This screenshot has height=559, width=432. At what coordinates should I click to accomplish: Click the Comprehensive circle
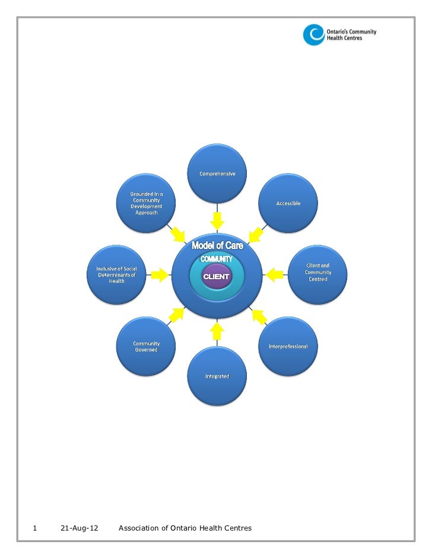point(217,174)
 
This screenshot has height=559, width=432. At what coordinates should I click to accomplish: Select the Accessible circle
point(288,203)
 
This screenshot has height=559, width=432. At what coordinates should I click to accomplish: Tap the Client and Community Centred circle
point(317,274)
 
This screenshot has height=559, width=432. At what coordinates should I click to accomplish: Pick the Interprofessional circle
point(288,346)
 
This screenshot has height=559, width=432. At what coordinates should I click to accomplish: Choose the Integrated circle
point(217,376)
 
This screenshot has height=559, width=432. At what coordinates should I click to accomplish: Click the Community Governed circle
point(145,346)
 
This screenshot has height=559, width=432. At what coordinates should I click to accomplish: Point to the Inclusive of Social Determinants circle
point(116,274)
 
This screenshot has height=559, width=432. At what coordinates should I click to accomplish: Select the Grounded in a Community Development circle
point(145,203)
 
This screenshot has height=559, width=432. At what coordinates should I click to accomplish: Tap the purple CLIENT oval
point(216,277)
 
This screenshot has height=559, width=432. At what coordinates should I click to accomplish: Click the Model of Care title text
point(217,245)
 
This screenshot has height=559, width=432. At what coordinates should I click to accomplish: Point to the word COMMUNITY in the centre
point(216,259)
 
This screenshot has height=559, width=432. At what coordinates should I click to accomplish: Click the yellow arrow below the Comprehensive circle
point(217,220)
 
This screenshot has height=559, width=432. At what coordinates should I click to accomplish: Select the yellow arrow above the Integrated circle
point(217,330)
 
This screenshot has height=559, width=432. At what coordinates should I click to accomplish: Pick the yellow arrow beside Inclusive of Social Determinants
point(159,274)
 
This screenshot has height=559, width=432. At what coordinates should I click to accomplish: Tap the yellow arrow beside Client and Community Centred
point(274,274)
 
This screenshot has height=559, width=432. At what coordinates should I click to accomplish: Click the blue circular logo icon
point(314,35)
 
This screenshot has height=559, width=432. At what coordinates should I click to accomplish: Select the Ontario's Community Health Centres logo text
point(352,34)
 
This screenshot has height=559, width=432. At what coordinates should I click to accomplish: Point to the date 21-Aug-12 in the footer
point(80,528)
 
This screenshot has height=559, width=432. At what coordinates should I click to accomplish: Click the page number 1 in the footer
point(36,528)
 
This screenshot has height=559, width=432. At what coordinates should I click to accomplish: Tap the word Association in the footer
point(139,528)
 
